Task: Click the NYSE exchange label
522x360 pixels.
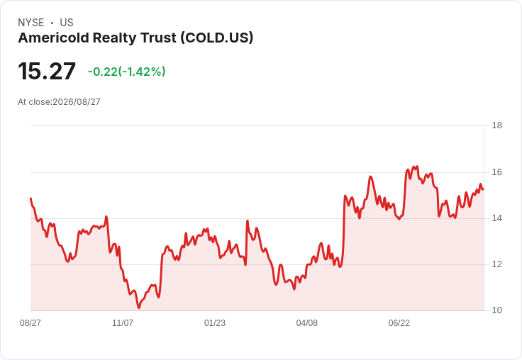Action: click(31, 23)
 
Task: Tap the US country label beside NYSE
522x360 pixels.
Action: click(67, 23)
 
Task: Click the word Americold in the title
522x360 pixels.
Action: click(54, 38)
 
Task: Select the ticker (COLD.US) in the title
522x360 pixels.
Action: click(217, 38)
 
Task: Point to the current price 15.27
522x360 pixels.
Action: click(47, 71)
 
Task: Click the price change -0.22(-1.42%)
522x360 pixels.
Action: click(126, 72)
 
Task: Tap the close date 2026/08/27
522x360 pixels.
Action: click(77, 102)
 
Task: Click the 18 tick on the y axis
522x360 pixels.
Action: click(497, 125)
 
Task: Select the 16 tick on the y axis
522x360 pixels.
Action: click(497, 172)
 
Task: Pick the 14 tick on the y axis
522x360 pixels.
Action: click(497, 218)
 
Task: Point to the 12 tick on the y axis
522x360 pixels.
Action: click(497, 264)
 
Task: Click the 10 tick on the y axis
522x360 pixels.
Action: click(497, 310)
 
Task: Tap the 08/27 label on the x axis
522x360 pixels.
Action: click(30, 323)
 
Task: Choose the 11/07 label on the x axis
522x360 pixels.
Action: click(123, 323)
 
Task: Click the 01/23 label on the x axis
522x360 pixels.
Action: click(215, 323)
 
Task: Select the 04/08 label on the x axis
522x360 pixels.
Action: click(307, 323)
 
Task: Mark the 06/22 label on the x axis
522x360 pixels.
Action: click(399, 323)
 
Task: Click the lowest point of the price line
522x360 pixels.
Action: click(139, 308)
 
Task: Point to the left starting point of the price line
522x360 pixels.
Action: click(30, 198)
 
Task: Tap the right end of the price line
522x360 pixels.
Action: click(484, 189)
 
